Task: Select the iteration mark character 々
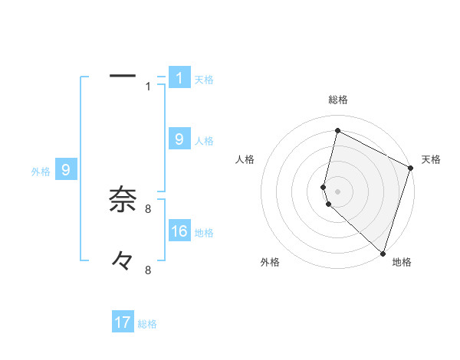[123, 261]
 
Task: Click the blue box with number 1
[179, 77]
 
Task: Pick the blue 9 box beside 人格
[179, 139]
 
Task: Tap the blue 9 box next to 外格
[65, 170]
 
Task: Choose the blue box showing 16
[179, 231]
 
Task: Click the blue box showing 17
[123, 322]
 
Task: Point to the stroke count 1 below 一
[149, 87]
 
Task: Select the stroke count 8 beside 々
[148, 270]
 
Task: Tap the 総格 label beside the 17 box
[147, 324]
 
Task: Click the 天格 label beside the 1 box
[204, 79]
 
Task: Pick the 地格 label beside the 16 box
[204, 232]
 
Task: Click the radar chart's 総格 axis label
[337, 100]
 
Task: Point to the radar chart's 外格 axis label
[270, 262]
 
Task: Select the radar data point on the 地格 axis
[383, 253]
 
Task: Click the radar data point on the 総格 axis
[337, 131]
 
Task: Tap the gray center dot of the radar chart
[337, 191]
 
